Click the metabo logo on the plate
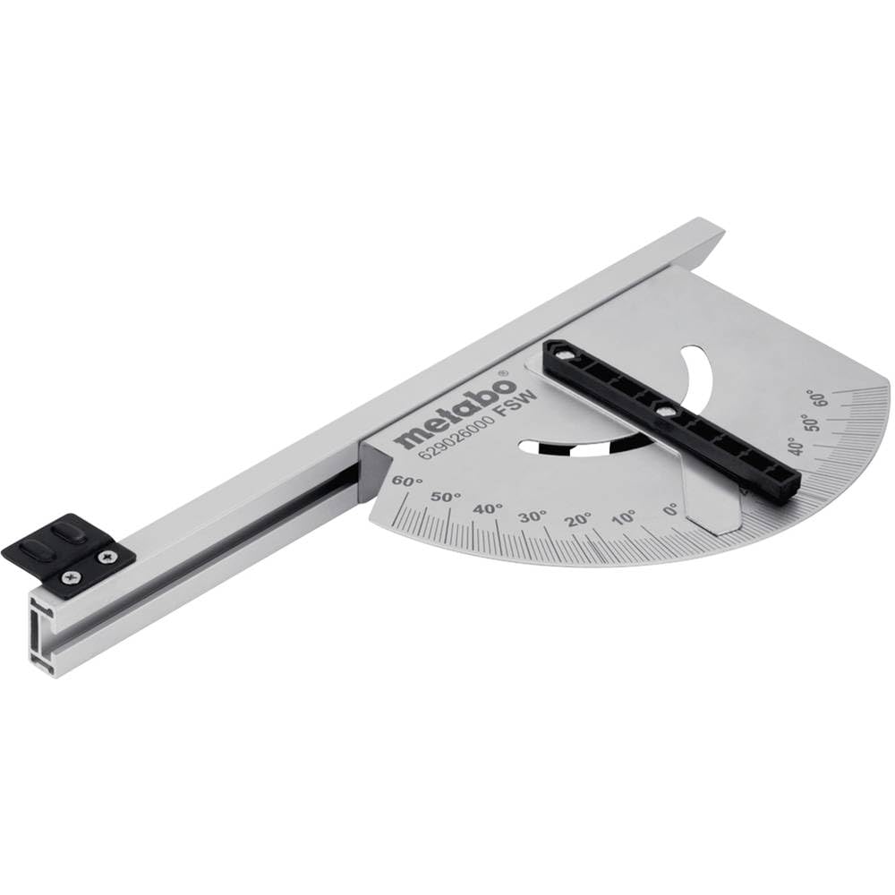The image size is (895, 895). click(x=456, y=412)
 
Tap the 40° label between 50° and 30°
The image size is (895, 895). click(x=489, y=508)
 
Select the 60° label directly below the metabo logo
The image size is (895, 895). click(x=407, y=482)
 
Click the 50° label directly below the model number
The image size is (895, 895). click(x=446, y=496)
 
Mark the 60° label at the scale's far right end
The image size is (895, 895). click(x=815, y=396)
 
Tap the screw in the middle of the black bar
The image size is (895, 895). click(x=663, y=410)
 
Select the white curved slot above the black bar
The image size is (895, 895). click(x=695, y=371)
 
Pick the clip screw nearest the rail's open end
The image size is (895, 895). click(x=71, y=579)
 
